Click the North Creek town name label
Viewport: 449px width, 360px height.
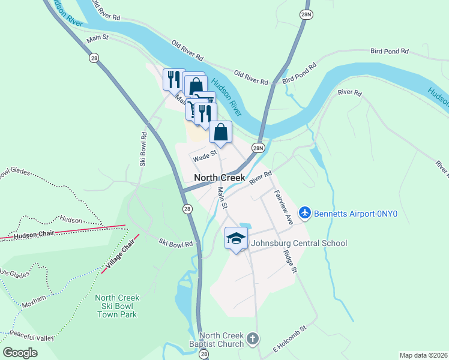[x=220, y=178]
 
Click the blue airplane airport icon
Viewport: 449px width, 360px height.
[x=304, y=212]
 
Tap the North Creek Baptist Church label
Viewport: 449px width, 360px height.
[x=221, y=340]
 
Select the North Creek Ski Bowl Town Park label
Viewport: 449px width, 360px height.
[x=117, y=306]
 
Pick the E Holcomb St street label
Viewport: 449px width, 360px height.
[x=290, y=338]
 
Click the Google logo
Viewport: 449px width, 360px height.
[x=20, y=353]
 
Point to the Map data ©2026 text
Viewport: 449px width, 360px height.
[x=423, y=355]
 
